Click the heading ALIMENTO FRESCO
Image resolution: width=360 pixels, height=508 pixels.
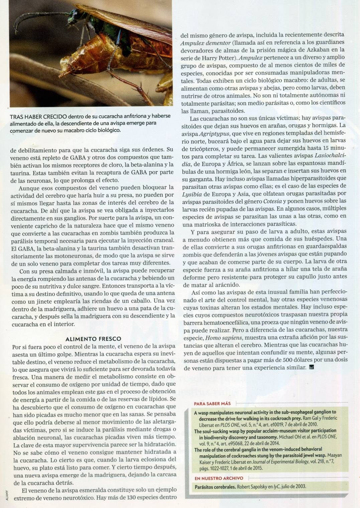tap(93, 339)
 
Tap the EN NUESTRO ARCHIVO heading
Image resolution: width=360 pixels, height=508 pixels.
tap(219, 478)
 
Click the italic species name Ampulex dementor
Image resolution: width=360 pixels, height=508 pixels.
tap(206, 43)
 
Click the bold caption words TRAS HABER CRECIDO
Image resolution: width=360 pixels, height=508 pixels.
tap(38, 116)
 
